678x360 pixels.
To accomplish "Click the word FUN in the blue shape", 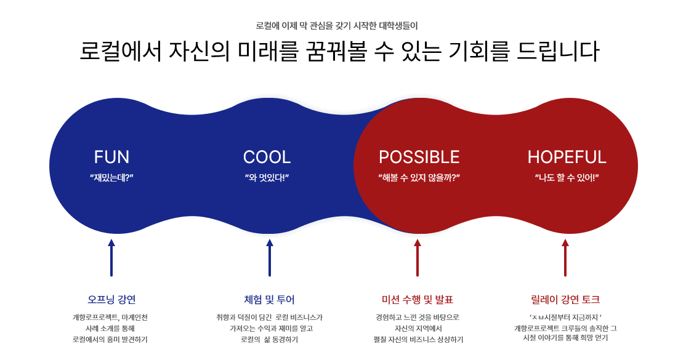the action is tap(111, 158).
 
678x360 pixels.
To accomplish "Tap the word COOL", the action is tap(267, 158).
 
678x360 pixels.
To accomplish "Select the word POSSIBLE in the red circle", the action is tap(419, 158).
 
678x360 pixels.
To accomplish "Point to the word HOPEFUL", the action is tap(567, 158).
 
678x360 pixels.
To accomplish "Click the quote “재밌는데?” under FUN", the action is tap(111, 178).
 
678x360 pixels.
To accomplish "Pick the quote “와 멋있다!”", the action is tap(267, 178).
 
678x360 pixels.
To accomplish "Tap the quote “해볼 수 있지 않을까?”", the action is tap(419, 178).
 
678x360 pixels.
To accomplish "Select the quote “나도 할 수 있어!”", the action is tap(567, 178).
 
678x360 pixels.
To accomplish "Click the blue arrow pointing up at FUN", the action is tap(111, 258).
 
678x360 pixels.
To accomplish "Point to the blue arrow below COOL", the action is tap(270, 258).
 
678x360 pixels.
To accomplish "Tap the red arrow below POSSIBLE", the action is tap(418, 258).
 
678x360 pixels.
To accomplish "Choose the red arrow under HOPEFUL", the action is tap(565, 258).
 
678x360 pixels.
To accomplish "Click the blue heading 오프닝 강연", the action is tap(111, 300).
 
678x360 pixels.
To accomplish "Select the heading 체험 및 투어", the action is tap(269, 300).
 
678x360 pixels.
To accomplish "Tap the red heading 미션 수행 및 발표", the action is tap(418, 300).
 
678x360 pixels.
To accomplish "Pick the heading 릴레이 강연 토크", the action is tap(565, 300).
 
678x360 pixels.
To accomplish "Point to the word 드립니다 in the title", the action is tap(558, 51).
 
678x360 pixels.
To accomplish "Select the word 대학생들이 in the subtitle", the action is tap(398, 26).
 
